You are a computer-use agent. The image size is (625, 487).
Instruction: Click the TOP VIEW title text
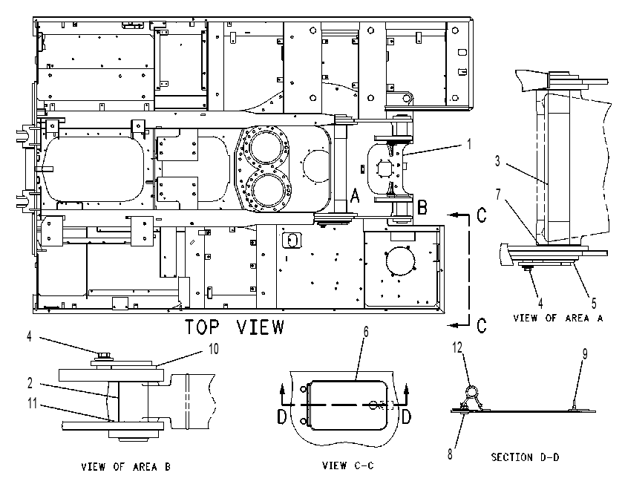click(235, 327)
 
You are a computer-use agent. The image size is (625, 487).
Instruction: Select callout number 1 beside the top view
click(469, 144)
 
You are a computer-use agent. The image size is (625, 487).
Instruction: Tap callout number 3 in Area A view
click(497, 161)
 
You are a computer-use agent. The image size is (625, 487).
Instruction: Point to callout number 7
click(498, 194)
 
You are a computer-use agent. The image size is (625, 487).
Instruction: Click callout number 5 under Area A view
click(594, 303)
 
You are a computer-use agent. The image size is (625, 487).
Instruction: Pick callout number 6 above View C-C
click(366, 331)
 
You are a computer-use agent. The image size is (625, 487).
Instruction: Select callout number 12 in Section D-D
click(457, 347)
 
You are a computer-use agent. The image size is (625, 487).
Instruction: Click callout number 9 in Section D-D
click(585, 353)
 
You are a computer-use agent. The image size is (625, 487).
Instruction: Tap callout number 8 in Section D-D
click(450, 454)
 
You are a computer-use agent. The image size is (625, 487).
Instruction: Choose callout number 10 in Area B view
click(214, 349)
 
